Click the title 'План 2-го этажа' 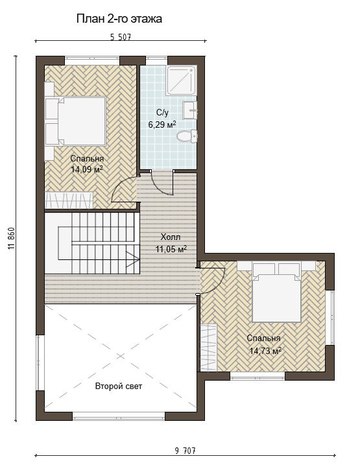pyautogui.click(x=119, y=19)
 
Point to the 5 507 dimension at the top pyautogui.click(x=121, y=38)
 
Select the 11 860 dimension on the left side pyautogui.click(x=12, y=238)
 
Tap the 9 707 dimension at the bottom pyautogui.click(x=185, y=451)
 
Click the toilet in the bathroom pyautogui.click(x=187, y=136)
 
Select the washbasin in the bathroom pyautogui.click(x=190, y=110)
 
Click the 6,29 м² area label pyautogui.click(x=162, y=124)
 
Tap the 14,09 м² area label pyautogui.click(x=87, y=169)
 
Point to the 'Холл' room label pyautogui.click(x=171, y=237)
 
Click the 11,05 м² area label pyautogui.click(x=171, y=249)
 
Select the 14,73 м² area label pyautogui.click(x=265, y=351)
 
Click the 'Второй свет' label pyautogui.click(x=119, y=386)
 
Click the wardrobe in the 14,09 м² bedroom pyautogui.click(x=69, y=200)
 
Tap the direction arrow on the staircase pyautogui.click(x=132, y=259)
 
